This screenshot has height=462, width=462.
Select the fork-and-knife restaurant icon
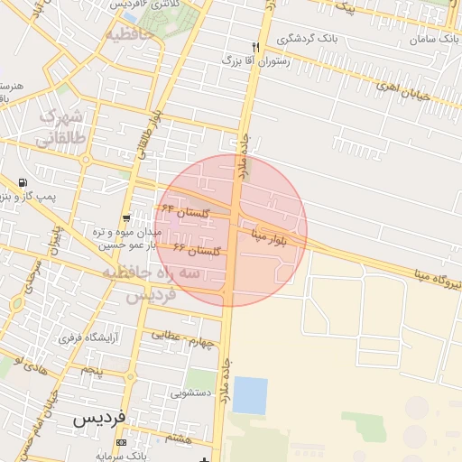256,47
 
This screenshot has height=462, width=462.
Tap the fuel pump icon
22,182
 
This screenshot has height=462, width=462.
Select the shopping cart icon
126,217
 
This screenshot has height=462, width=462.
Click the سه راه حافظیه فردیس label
150,283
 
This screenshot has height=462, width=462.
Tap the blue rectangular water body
250,395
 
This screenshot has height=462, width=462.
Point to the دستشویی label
190,393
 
